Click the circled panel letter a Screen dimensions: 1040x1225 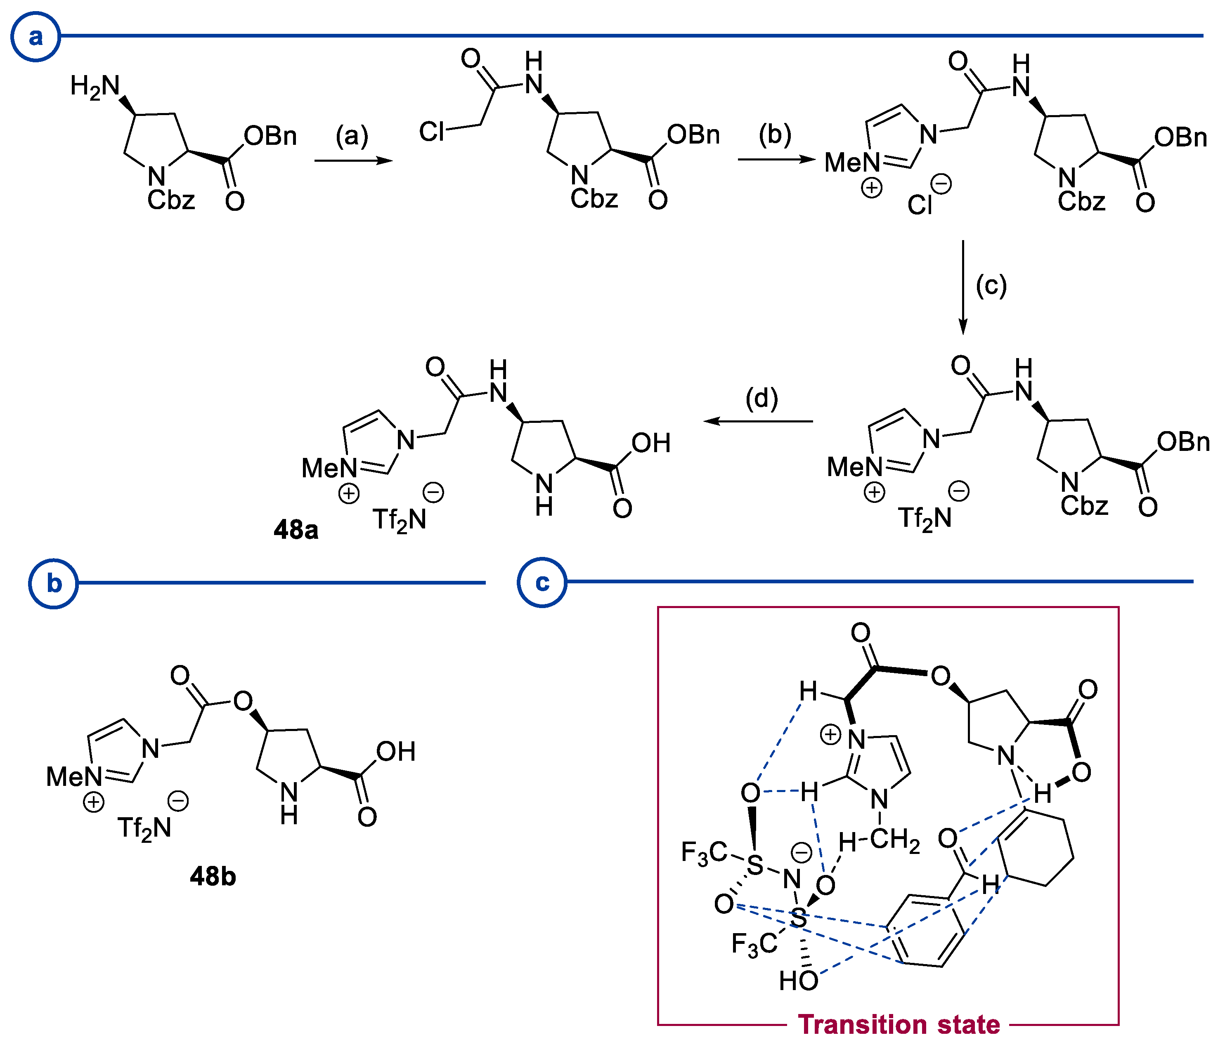35,37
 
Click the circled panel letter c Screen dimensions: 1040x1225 542,582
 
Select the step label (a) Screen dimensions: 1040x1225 352,136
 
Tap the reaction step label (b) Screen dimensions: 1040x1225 774,134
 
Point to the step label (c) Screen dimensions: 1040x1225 991,286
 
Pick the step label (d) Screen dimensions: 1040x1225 761,399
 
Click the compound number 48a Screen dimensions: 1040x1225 296,529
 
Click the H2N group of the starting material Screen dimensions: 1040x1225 95,87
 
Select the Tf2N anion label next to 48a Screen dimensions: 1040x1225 399,520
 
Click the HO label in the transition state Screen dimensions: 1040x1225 798,981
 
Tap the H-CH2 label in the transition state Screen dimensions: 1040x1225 878,841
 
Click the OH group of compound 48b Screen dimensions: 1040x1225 396,752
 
